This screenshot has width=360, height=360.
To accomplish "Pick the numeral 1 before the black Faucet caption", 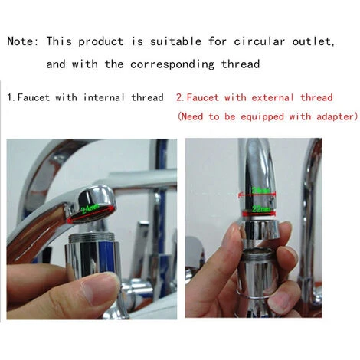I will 9,98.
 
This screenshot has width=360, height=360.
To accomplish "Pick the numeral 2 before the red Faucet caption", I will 178,98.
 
